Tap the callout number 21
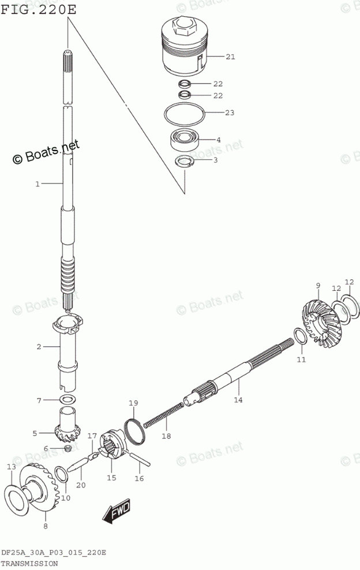[x=231, y=57]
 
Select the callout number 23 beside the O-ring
[x=230, y=112]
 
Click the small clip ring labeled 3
[x=185, y=162]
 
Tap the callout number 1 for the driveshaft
[x=37, y=184]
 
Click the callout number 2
[x=39, y=347]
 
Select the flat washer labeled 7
[x=68, y=400]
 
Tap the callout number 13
[x=11, y=466]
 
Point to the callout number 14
[x=238, y=400]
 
